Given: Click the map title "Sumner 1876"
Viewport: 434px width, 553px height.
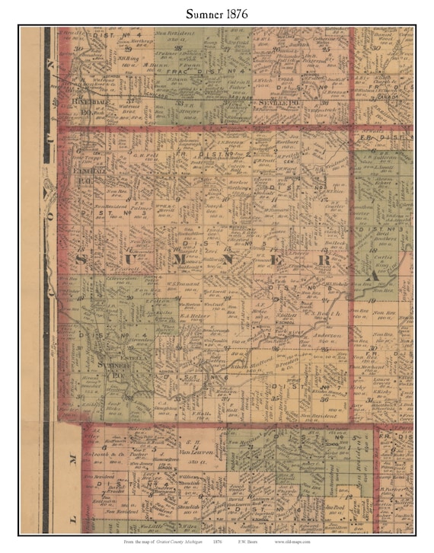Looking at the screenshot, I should click(217, 13).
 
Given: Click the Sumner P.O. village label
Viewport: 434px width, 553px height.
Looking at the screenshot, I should click(117, 372).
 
